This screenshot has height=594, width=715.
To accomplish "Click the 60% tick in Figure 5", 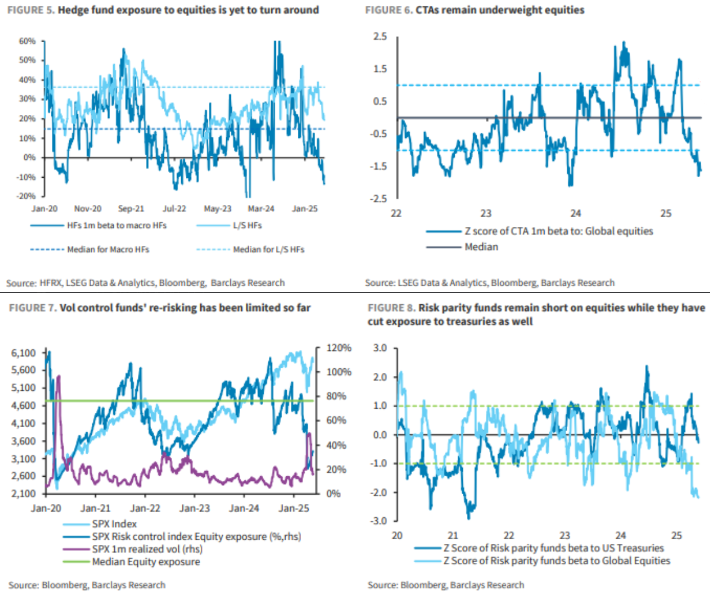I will point(27,41).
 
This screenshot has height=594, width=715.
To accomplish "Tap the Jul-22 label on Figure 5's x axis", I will point(174,209).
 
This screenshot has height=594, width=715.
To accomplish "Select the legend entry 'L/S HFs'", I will point(247,226).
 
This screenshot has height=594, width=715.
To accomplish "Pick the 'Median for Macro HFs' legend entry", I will point(108,249).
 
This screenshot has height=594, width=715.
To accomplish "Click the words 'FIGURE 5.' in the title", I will point(31,10).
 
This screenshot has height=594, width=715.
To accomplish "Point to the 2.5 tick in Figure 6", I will point(380,36).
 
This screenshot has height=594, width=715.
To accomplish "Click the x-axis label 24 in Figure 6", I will point(576,214).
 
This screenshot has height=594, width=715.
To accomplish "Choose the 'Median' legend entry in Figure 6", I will point(481,247).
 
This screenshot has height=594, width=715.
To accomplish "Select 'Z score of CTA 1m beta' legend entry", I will point(559,231).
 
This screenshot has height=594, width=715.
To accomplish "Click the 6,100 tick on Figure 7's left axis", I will point(24,353).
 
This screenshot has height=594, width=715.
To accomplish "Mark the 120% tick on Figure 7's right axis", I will point(339,348).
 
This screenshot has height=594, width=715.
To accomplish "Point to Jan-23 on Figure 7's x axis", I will point(194,509).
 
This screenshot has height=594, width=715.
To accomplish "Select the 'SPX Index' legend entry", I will point(114,524).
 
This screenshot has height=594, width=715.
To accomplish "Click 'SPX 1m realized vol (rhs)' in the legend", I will point(147,549).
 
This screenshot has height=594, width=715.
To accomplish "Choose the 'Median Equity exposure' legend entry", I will point(146,562).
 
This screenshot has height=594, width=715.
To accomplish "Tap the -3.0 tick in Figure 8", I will point(380,521).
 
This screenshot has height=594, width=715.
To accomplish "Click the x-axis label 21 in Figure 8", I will point(453,536).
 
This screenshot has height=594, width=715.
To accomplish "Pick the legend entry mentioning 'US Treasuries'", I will point(553,548).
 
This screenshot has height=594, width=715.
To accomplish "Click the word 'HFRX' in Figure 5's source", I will point(51,283).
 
